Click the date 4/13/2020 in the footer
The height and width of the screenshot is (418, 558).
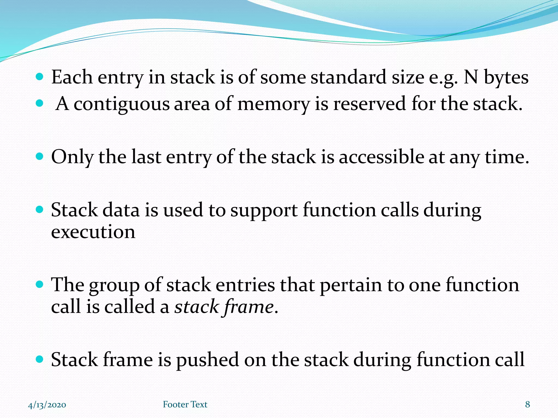[x=47, y=405]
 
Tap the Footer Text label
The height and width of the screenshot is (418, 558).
[x=185, y=404]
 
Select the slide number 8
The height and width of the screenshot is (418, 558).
[x=527, y=404]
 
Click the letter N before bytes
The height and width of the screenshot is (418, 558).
[x=471, y=77]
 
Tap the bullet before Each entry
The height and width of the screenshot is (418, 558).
[x=40, y=77]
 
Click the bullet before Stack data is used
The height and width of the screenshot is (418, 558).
[x=40, y=210]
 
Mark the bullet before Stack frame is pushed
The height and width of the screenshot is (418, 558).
[x=40, y=359]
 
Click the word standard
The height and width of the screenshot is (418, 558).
[x=348, y=77]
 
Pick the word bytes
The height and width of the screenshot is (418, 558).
[x=506, y=78]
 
